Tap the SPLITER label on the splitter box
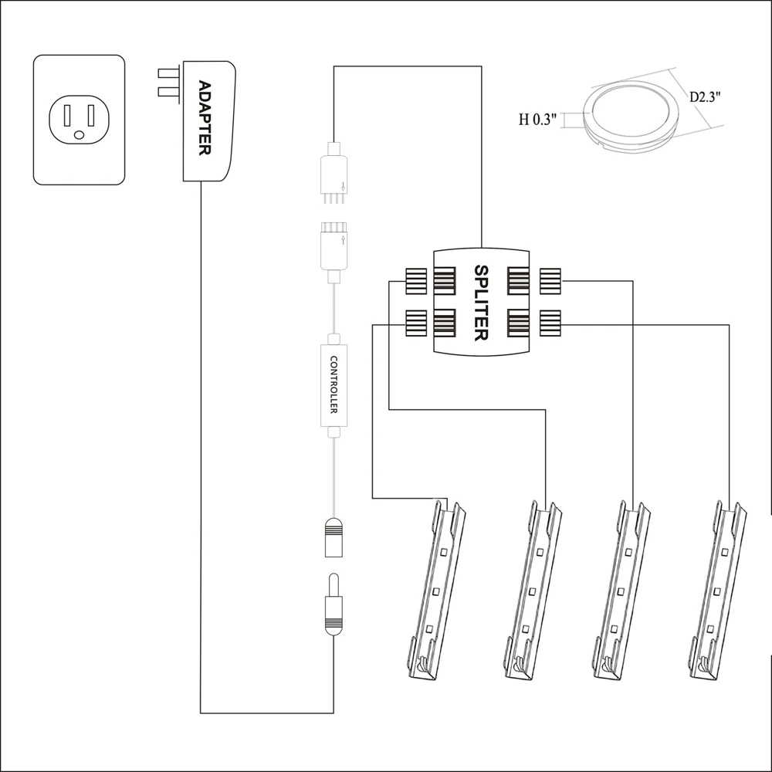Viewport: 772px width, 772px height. pyautogui.click(x=480, y=303)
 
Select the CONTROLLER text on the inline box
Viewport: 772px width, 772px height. pyautogui.click(x=334, y=384)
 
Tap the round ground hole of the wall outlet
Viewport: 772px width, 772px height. pyautogui.click(x=79, y=135)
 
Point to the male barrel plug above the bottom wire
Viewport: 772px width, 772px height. pyautogui.click(x=334, y=606)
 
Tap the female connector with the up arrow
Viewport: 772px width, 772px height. pyautogui.click(x=334, y=245)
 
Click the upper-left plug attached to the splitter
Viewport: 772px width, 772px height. pyautogui.click(x=417, y=281)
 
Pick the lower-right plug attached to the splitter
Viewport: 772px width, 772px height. pyautogui.click(x=550, y=323)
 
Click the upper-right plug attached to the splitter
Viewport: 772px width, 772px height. pyautogui.click(x=550, y=281)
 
